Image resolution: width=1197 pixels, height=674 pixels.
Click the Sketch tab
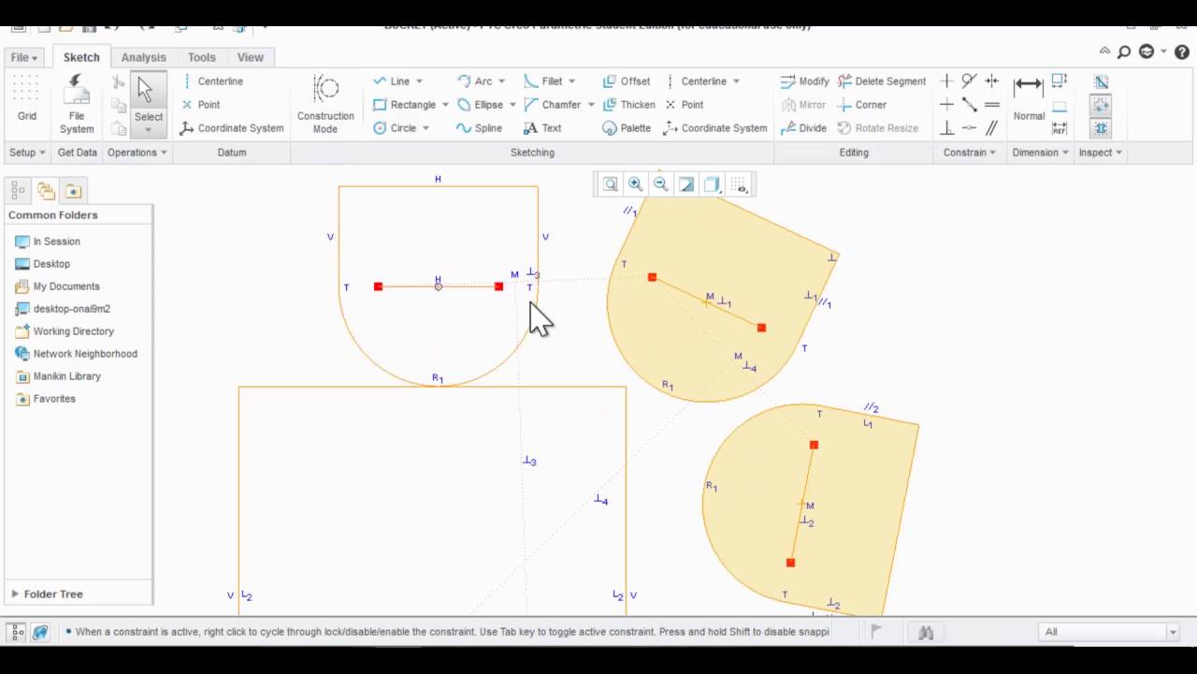click(81, 57)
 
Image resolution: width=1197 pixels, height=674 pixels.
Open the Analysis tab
click(143, 57)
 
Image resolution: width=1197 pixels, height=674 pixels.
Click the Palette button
click(627, 128)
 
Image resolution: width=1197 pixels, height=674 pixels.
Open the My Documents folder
click(65, 286)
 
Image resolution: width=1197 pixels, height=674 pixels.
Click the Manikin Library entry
click(66, 376)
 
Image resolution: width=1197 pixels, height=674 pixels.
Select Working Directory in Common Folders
click(73, 331)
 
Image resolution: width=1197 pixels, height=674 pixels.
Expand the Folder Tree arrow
click(15, 593)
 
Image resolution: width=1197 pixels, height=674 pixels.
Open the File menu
click(23, 57)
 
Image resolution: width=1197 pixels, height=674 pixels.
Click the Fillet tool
click(550, 81)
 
